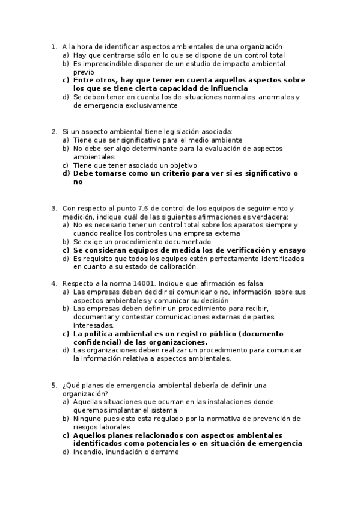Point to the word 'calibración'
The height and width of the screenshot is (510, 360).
point(175,266)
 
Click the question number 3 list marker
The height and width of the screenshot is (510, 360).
point(54,208)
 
